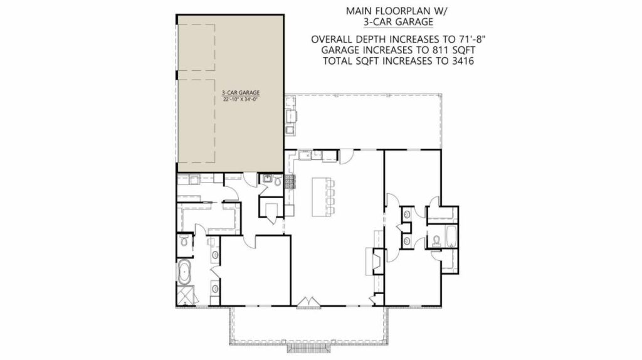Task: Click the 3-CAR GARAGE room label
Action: click(x=241, y=93)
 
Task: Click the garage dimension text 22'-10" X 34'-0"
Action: click(x=241, y=99)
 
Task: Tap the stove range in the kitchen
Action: click(x=290, y=181)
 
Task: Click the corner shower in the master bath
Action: click(x=184, y=295)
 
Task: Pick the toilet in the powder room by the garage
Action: click(x=278, y=181)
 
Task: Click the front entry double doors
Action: click(x=308, y=301)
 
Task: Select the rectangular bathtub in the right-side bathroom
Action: click(x=451, y=236)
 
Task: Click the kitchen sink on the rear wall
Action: click(x=305, y=156)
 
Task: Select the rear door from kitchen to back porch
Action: click(x=346, y=156)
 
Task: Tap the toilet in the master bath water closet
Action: click(x=184, y=241)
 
